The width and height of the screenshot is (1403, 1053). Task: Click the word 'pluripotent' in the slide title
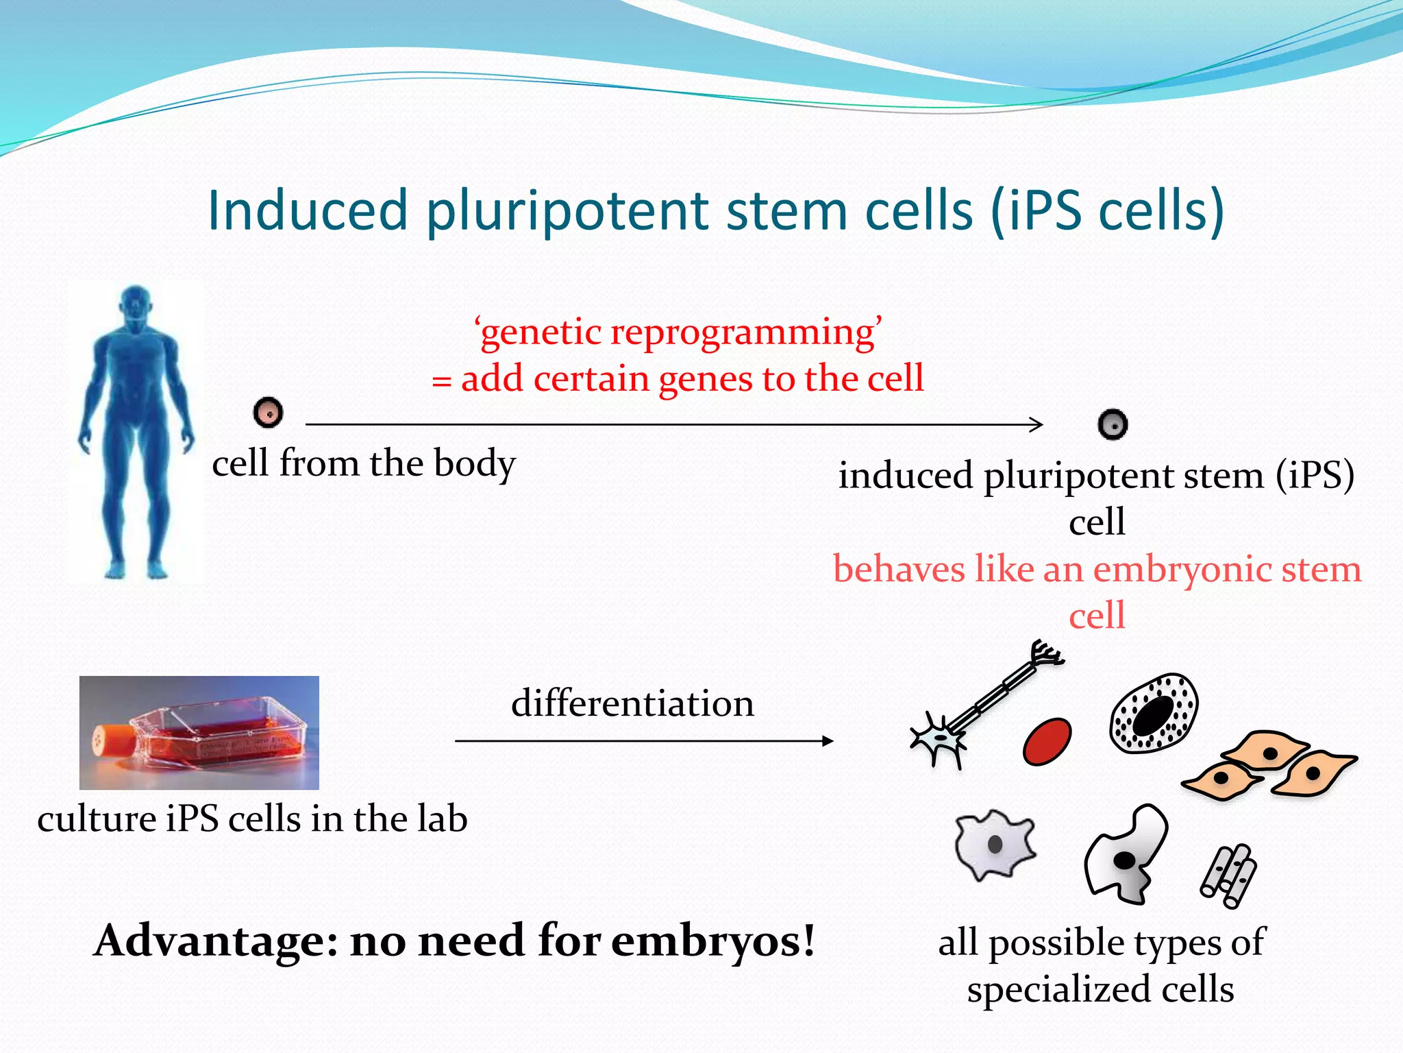click(x=569, y=211)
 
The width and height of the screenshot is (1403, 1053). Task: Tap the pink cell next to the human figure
click(x=268, y=413)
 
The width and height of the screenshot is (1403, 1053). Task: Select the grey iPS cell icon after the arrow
click(x=1113, y=424)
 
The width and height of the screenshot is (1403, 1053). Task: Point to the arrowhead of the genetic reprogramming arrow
click(x=1037, y=424)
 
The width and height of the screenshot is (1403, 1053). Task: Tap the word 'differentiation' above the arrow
click(x=632, y=704)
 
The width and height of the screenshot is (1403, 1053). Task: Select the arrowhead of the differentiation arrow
click(x=828, y=740)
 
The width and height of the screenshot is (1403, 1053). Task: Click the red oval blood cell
click(x=1047, y=741)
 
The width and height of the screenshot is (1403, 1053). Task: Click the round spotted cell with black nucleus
click(x=1154, y=713)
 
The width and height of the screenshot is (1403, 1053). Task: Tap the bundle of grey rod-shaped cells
click(x=1228, y=875)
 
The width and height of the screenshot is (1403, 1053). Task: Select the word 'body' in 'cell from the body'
click(x=475, y=465)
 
